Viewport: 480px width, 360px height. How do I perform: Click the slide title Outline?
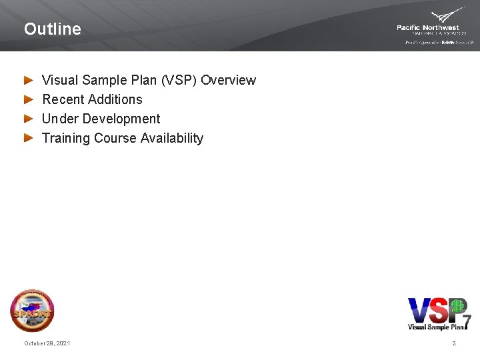click(x=52, y=29)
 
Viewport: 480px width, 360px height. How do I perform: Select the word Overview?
click(x=228, y=80)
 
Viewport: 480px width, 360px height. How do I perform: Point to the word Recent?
click(x=63, y=99)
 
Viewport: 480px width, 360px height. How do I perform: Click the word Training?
click(x=66, y=138)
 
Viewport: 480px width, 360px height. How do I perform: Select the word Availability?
click(x=171, y=138)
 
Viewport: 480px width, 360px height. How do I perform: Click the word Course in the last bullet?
click(x=115, y=138)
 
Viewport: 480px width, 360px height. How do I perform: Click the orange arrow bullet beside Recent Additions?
click(x=28, y=99)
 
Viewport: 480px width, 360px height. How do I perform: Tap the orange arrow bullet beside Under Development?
click(x=28, y=119)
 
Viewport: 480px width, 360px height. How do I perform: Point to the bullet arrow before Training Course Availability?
click(x=28, y=138)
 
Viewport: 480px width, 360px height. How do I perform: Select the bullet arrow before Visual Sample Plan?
click(x=28, y=80)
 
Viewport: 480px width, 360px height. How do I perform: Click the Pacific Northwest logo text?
click(x=428, y=28)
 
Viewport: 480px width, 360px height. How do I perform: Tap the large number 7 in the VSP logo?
click(x=467, y=321)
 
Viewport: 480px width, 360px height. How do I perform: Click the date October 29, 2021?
click(x=47, y=343)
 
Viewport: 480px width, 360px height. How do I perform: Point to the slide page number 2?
click(x=454, y=343)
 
